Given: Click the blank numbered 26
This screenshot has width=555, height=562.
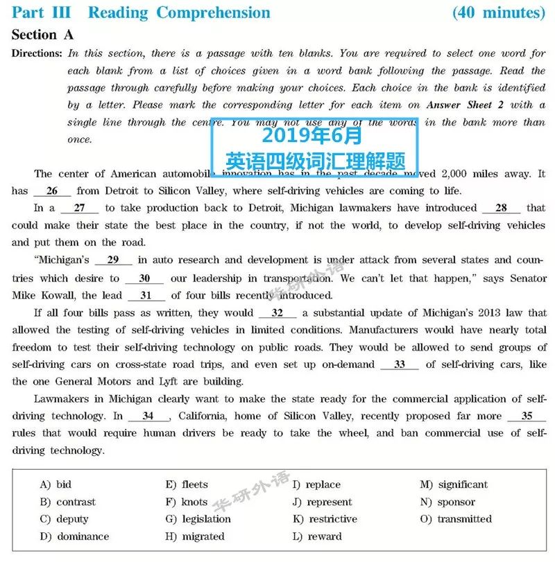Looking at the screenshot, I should [52, 191].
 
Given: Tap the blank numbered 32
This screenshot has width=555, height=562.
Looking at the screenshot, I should [277, 313].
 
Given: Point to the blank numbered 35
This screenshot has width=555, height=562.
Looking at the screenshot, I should [527, 416].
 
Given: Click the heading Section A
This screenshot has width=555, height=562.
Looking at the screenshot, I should [42, 35].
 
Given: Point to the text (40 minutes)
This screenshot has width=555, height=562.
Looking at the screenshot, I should [498, 12].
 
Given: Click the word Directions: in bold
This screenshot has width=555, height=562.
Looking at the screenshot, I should [37, 53].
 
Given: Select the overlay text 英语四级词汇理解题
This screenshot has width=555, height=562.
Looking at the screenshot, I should [316, 161].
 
